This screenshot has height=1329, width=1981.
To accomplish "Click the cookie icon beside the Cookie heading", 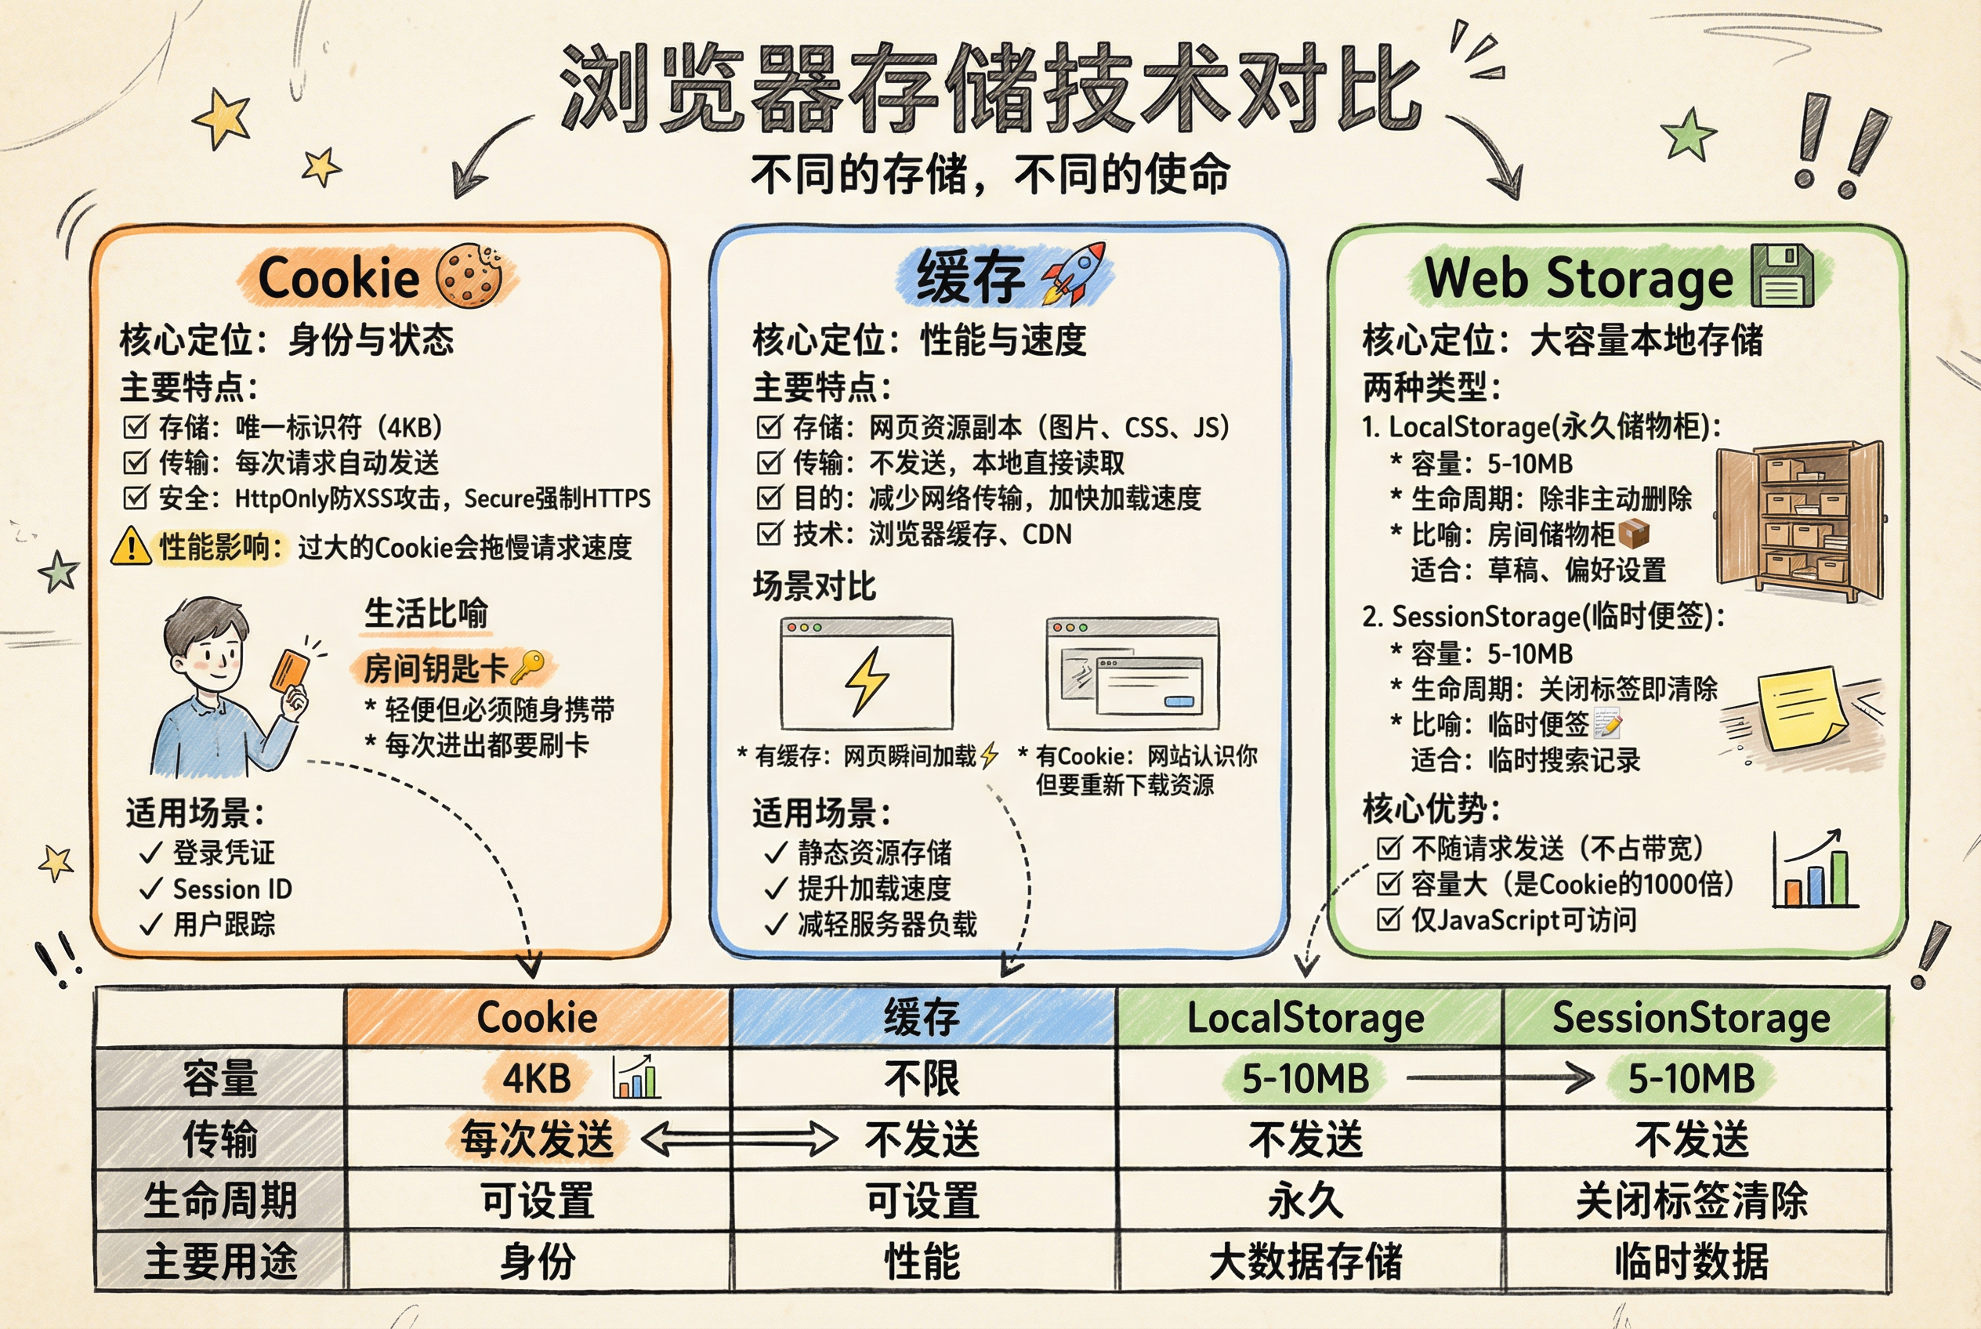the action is [x=469, y=276].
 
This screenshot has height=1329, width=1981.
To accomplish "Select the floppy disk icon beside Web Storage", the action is [x=1782, y=276].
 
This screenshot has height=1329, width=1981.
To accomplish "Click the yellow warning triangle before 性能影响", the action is [x=132, y=547].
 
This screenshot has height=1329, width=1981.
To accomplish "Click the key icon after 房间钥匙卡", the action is [x=529, y=668].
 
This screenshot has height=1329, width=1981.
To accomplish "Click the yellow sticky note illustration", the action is [x=1803, y=709].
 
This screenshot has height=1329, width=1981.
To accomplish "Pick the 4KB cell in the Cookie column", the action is [x=537, y=1079].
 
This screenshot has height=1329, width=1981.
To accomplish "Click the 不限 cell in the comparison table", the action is [x=922, y=1079].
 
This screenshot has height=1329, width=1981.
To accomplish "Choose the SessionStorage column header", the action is [x=1691, y=1018].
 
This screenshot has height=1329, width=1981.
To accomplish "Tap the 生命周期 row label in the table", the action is [x=220, y=1200].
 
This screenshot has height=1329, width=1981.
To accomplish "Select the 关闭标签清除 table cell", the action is [x=1691, y=1200].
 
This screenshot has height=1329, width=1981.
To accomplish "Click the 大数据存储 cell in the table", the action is [x=1306, y=1261].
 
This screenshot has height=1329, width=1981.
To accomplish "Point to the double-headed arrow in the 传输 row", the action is [x=739, y=1139].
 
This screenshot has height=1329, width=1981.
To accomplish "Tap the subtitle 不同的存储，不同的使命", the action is [x=990, y=175].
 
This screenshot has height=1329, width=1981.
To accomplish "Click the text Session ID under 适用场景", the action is [x=232, y=889].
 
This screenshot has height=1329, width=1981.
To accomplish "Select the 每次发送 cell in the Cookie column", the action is [x=537, y=1139].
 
